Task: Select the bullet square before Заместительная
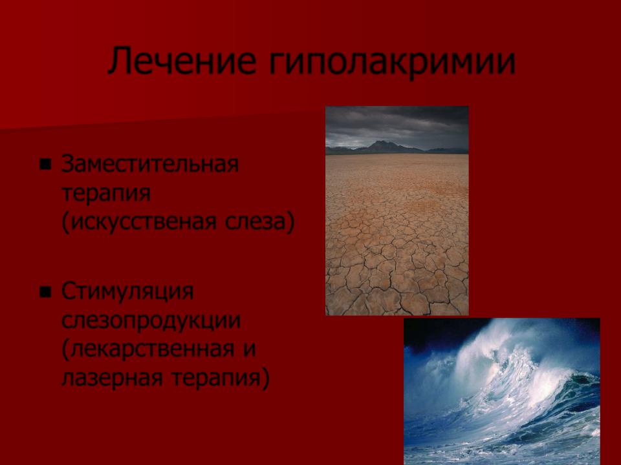(45, 163)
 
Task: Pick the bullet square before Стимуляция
(45, 292)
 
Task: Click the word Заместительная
(150, 163)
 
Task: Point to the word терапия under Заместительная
(106, 194)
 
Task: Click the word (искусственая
(139, 222)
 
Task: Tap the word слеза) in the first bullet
(260, 222)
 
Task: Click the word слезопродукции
(151, 321)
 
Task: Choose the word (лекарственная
(147, 349)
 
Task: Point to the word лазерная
(112, 378)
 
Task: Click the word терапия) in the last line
(221, 379)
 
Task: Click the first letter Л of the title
(120, 61)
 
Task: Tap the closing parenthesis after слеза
(290, 222)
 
